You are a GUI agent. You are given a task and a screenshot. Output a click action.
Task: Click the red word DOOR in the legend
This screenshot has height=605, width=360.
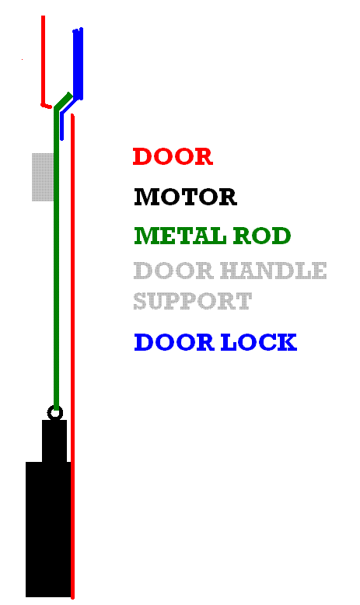pos(173,156)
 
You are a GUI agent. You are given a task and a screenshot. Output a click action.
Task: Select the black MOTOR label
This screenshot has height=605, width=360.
pos(185,197)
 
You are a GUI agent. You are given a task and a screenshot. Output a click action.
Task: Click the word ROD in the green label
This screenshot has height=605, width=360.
pos(262,236)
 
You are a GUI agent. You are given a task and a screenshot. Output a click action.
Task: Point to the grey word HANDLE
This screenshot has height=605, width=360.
pos(274,271)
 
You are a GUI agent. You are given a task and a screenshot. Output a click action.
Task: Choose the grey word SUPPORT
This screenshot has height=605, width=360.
pos(193,302)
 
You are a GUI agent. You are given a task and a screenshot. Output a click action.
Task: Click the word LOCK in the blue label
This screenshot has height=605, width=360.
pos(258,342)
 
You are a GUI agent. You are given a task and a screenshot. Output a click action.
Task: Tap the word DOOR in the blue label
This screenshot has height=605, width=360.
pos(174,342)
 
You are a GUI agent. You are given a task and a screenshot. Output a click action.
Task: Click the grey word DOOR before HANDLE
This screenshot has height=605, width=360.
pos(173,271)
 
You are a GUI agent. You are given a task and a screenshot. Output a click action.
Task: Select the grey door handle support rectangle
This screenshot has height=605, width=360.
pos(43,177)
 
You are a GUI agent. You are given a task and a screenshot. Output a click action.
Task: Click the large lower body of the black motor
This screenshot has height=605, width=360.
pos(48,530)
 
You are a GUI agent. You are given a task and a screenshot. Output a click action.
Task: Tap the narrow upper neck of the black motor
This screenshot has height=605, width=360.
pos(54,441)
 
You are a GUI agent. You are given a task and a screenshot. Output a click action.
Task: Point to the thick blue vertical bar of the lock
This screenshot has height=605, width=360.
pos(78,64)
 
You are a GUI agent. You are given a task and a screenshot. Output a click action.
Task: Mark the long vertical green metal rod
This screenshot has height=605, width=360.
pos(56,258)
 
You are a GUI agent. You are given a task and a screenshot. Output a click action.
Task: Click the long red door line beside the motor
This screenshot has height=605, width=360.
pos(72,355)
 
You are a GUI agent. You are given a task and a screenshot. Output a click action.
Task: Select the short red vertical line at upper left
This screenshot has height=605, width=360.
pos(44,60)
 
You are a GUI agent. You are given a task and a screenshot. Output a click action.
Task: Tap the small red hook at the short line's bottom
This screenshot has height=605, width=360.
pos(47,105)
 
